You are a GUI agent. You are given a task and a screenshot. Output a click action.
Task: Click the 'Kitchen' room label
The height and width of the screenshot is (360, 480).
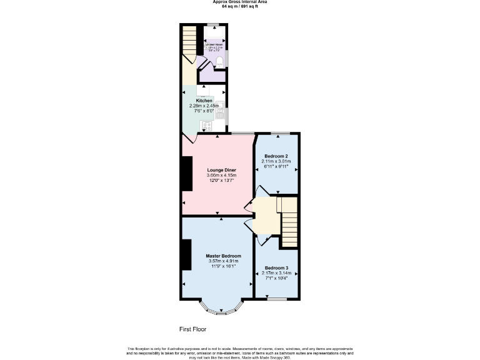click(204, 101)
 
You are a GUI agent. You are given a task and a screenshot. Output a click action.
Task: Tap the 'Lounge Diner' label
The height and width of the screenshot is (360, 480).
click(221, 170)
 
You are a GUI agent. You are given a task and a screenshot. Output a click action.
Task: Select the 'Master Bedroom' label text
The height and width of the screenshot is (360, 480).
click(223, 256)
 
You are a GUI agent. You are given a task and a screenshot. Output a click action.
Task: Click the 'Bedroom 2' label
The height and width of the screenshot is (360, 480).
click(276, 156)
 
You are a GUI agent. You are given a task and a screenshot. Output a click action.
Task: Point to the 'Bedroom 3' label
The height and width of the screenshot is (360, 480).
click(276, 267)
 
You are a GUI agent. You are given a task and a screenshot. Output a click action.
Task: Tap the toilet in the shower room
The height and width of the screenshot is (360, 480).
click(218, 60)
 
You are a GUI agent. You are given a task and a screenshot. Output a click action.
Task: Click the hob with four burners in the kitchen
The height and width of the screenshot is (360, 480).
click(206, 126)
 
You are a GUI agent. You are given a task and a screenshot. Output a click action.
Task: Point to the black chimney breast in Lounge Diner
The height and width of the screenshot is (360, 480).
click(186, 173)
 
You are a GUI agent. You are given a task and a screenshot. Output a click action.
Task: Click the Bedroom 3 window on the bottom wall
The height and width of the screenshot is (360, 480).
click(276, 299)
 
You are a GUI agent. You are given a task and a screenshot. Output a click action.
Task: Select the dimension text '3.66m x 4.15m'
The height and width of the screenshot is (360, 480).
click(222, 176)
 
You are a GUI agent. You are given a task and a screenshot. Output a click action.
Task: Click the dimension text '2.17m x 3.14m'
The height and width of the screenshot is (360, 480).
click(276, 273)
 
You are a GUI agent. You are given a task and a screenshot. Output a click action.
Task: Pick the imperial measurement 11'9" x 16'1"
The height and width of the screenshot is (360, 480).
click(223, 266)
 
